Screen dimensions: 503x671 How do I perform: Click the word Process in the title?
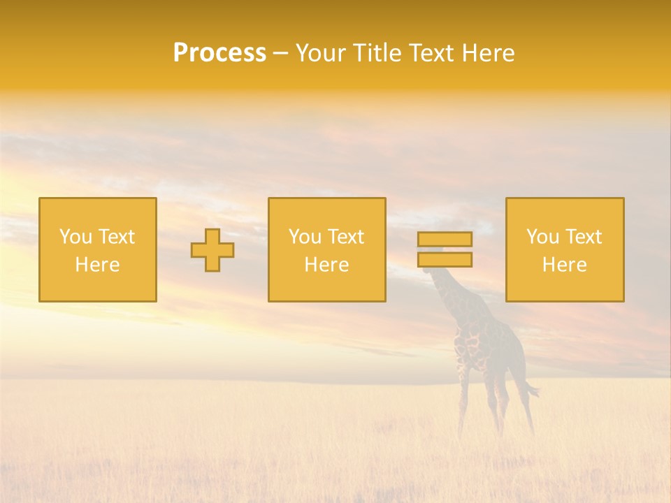tap(219, 53)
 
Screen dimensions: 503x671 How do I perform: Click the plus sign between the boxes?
tap(212, 250)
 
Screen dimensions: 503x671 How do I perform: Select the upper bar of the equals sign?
tap(445, 239)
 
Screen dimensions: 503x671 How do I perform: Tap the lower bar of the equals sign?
tap(445, 260)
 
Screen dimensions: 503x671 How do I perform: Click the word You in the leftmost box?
tap(75, 237)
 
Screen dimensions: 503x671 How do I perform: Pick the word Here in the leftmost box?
tap(97, 265)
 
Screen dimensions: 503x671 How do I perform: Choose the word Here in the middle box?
tap(326, 265)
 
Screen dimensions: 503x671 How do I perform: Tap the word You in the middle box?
tap(305, 237)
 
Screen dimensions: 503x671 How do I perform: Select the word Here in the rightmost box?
tap(564, 265)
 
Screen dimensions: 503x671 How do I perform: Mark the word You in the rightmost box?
tap(542, 237)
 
